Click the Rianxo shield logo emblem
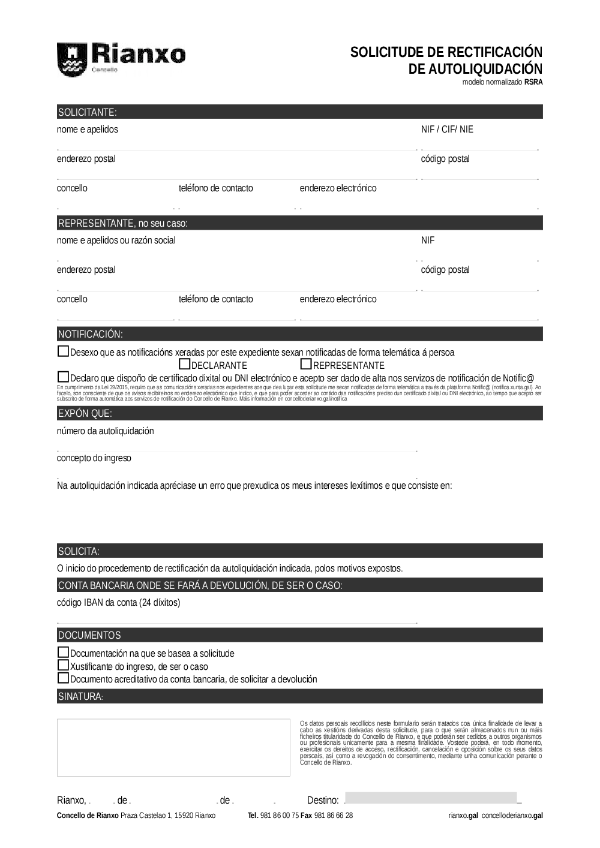click(x=71, y=59)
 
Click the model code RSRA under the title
click(x=533, y=83)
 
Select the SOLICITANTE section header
click(x=87, y=112)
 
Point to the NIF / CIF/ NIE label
click(x=447, y=130)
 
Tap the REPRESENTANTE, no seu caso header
click(x=122, y=223)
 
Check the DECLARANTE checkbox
click(x=185, y=364)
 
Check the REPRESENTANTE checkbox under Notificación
click(x=306, y=364)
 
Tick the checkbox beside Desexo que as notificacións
click(x=63, y=351)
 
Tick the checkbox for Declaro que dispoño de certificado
click(x=63, y=377)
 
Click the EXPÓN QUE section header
click(x=85, y=413)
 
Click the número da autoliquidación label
click(x=106, y=431)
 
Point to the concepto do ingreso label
click(x=94, y=458)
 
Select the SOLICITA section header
click(x=79, y=551)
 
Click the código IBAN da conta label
click(x=118, y=603)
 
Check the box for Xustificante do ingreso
click(x=63, y=665)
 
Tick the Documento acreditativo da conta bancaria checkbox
click(x=63, y=678)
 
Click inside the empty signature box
click(x=173, y=747)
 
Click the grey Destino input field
click(x=431, y=798)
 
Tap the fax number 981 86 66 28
click(x=333, y=816)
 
